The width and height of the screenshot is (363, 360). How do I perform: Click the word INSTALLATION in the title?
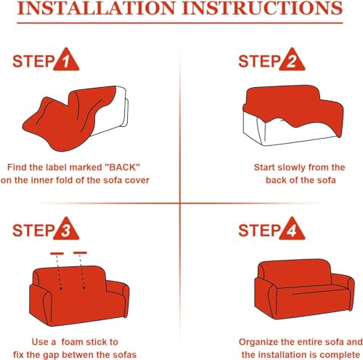point(97,8)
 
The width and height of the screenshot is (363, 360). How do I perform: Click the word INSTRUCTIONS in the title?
point(263,8)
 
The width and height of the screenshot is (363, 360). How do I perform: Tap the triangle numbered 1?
point(66,60)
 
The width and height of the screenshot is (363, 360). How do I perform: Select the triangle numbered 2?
point(292,60)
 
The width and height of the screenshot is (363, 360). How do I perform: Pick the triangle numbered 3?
point(66,229)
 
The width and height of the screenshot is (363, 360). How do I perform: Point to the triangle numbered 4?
point(292,229)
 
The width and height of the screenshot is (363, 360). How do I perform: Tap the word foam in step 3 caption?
point(71,342)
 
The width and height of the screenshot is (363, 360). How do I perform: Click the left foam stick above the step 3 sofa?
point(57,253)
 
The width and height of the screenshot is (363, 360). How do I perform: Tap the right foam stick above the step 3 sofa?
point(80,253)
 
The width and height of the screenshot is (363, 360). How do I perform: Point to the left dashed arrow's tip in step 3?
point(61,290)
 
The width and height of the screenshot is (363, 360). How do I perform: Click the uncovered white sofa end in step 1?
point(116,111)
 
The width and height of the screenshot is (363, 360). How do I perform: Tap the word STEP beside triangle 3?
point(33,230)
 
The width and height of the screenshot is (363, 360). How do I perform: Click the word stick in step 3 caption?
point(96,342)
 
